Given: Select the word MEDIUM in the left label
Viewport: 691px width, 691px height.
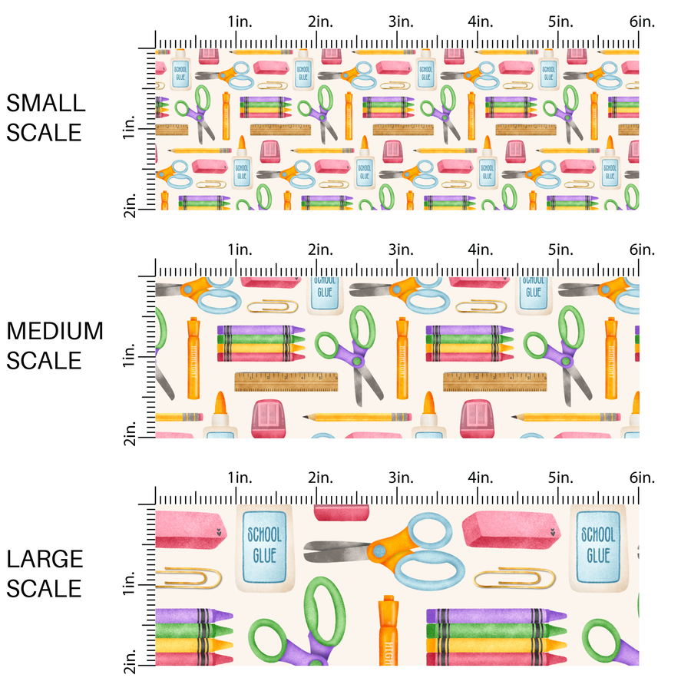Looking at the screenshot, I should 55,331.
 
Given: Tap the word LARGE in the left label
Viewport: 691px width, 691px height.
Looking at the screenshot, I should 45,559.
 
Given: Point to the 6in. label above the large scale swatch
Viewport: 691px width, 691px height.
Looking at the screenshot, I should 643,478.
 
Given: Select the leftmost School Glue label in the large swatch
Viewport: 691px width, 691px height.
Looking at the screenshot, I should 263,544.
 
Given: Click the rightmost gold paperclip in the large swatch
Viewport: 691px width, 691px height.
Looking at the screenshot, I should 514,577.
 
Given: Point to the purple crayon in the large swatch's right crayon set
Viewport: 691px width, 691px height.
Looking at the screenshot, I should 492,616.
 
